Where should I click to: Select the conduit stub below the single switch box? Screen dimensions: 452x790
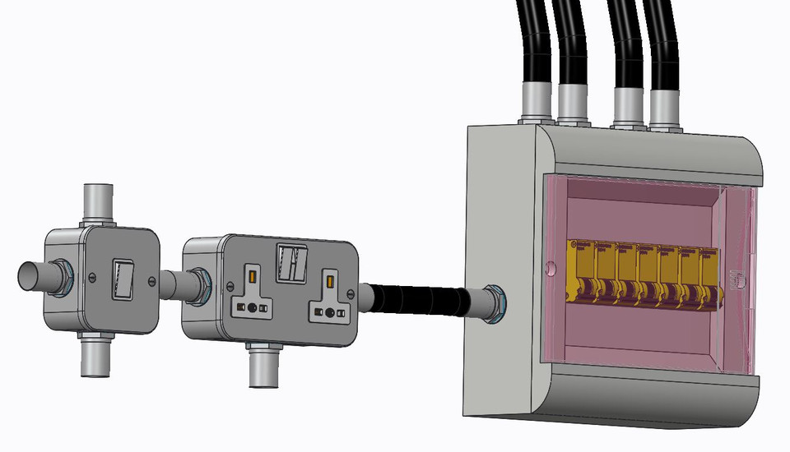(x=96, y=357)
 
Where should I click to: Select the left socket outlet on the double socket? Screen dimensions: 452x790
(x=250, y=295)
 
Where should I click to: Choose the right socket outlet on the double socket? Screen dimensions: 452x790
(x=330, y=300)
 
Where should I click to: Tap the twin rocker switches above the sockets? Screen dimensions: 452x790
(x=291, y=261)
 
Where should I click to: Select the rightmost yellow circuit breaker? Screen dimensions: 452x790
(x=709, y=274)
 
